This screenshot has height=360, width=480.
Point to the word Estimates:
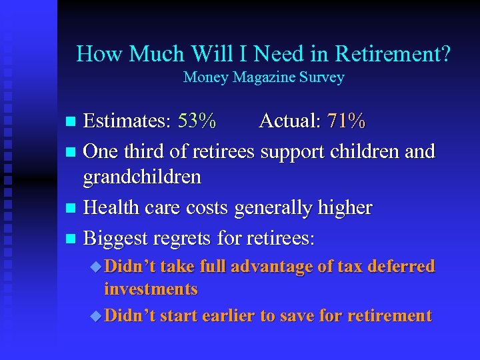pos(128,121)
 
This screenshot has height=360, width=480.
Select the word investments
pos(151,289)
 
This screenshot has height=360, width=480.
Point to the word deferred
pos(397,267)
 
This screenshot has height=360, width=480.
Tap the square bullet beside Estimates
pos(72,122)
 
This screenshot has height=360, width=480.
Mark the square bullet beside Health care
pos(72,209)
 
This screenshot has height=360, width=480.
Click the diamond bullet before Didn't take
pos(96,267)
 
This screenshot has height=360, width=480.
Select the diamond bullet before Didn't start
pos(96,315)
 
